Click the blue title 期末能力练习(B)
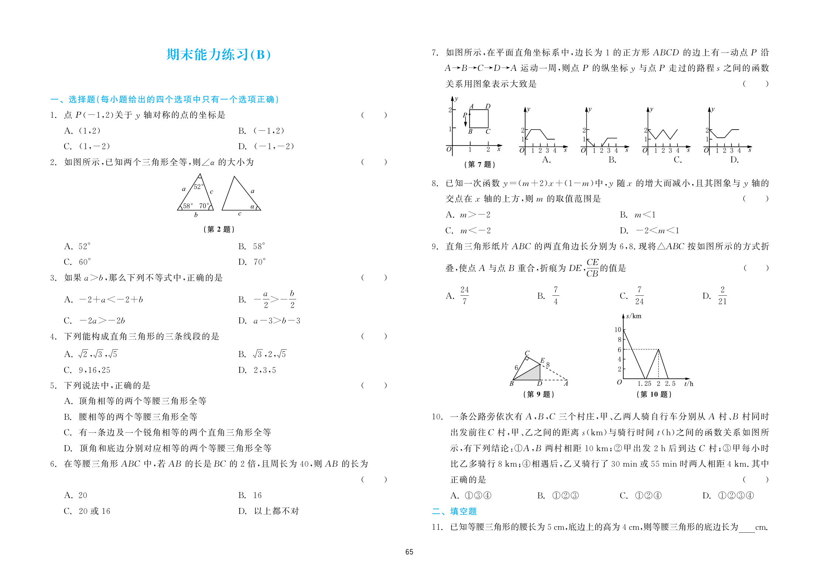pyautogui.click(x=219, y=55)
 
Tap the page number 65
pyautogui.click(x=409, y=552)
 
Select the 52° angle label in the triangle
pyautogui.click(x=199, y=187)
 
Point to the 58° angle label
pyautogui.click(x=188, y=206)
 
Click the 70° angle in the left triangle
pyautogui.click(x=204, y=206)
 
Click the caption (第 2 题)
pyautogui.click(x=219, y=229)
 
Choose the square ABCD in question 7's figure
pyautogui.click(x=479, y=119)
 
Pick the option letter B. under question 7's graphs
pyautogui.click(x=612, y=160)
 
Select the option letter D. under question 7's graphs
pyautogui.click(x=734, y=160)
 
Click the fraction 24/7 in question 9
pyautogui.click(x=464, y=295)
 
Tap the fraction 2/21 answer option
pyautogui.click(x=722, y=295)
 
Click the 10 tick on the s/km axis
pyautogui.click(x=618, y=330)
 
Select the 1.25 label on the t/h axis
pyautogui.click(x=644, y=384)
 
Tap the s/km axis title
pyautogui.click(x=634, y=316)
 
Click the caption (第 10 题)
pyautogui.click(x=654, y=394)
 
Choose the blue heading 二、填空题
pyautogui.click(x=454, y=511)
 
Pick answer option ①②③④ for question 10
pyautogui.click(x=736, y=495)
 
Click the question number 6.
pyautogui.click(x=53, y=464)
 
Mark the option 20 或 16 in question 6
pyautogui.click(x=94, y=511)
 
